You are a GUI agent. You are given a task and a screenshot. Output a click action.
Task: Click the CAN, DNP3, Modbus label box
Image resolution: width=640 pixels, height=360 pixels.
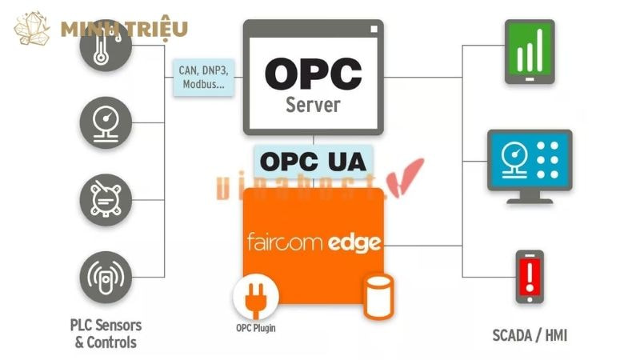pyautogui.click(x=203, y=78)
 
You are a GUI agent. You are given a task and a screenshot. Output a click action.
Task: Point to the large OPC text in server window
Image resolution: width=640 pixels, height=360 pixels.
pyautogui.click(x=314, y=73)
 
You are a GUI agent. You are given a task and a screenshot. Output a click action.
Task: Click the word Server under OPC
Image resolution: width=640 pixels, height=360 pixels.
pyautogui.click(x=313, y=106)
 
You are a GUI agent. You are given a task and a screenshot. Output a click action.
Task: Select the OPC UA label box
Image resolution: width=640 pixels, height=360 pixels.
pyautogui.click(x=314, y=162)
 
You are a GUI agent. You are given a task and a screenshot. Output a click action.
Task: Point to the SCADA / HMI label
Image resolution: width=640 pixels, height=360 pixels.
pyautogui.click(x=530, y=334)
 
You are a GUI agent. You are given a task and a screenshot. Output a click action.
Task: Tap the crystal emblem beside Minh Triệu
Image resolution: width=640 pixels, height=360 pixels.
pyautogui.click(x=34, y=30)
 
